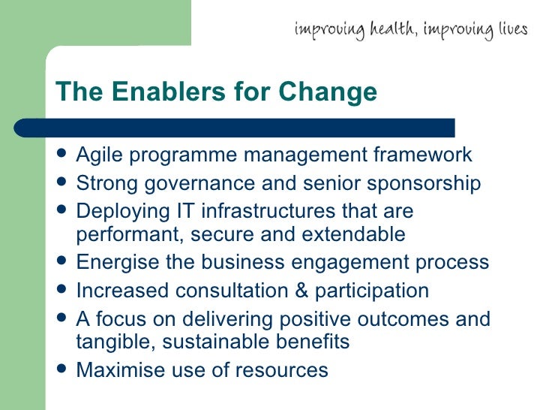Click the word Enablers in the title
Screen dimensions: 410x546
coord(158,92)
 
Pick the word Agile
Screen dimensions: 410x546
coord(98,155)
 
